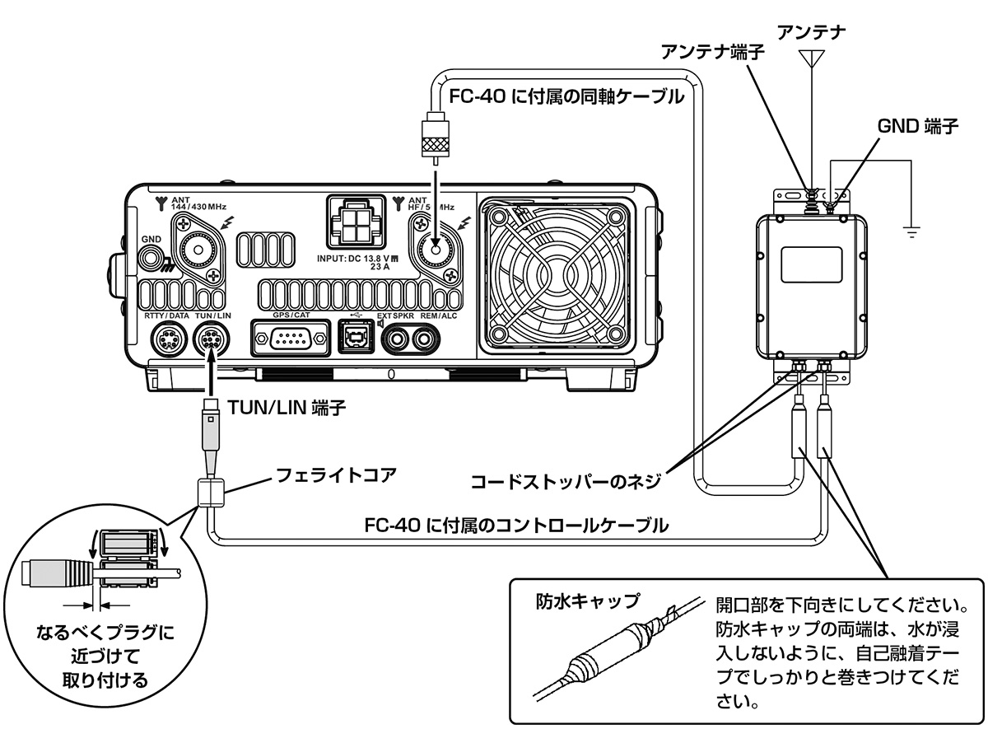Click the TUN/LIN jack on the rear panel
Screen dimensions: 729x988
[211, 339]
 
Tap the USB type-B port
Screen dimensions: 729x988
[355, 338]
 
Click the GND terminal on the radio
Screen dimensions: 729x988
[151, 258]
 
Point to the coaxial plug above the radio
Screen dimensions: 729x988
[434, 136]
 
